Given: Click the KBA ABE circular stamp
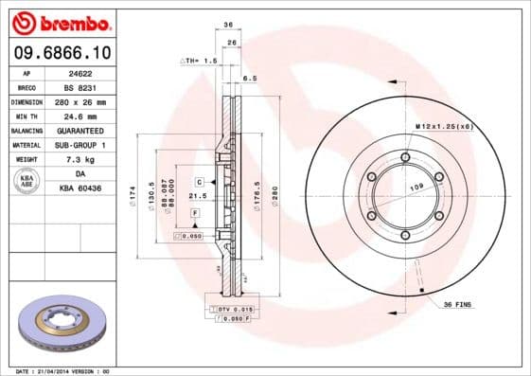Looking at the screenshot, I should [x=27, y=182].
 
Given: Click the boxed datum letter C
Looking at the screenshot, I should [x=200, y=180].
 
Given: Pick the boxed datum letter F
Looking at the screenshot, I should [x=194, y=214].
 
